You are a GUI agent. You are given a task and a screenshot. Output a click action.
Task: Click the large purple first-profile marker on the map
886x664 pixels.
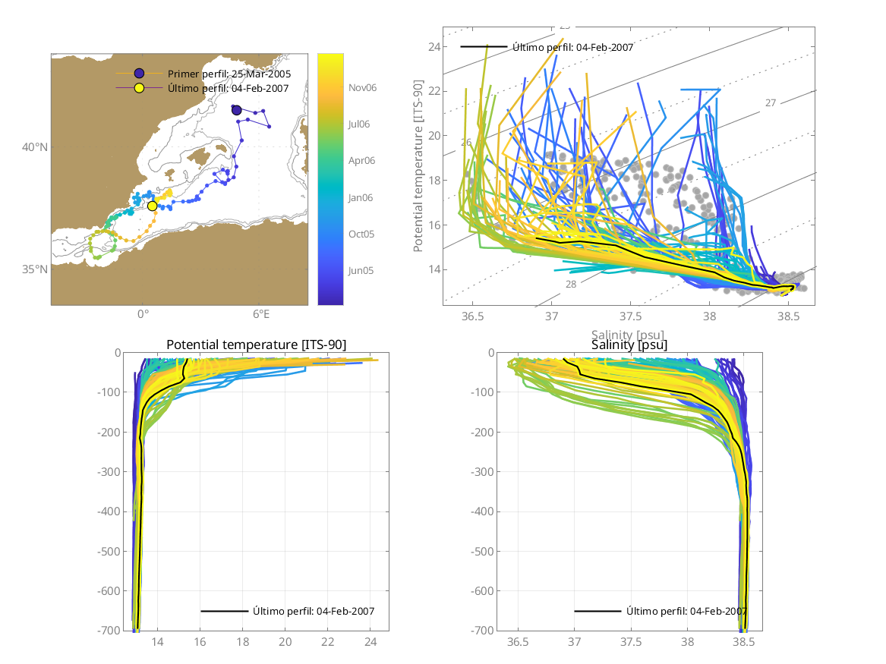[236, 110]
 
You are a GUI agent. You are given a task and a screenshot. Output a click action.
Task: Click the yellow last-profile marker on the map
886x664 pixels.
[152, 206]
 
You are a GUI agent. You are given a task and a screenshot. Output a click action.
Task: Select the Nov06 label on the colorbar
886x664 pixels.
[362, 87]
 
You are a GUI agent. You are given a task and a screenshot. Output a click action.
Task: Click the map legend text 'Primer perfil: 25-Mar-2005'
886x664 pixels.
[229, 74]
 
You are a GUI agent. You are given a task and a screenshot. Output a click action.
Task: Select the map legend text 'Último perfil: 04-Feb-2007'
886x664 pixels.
[229, 88]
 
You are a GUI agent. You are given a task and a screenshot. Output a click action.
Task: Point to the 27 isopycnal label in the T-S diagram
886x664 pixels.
[770, 102]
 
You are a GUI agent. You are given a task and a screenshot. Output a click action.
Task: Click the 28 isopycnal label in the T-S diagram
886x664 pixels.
[571, 283]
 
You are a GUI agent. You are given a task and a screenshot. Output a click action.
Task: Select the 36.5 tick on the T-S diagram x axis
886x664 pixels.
[472, 315]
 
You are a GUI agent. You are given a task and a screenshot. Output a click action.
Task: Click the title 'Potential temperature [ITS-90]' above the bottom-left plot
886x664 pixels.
[256, 345]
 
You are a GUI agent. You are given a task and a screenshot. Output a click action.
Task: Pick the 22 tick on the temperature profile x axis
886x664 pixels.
[328, 642]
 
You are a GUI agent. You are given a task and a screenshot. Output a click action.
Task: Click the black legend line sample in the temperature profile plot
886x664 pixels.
[225, 611]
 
